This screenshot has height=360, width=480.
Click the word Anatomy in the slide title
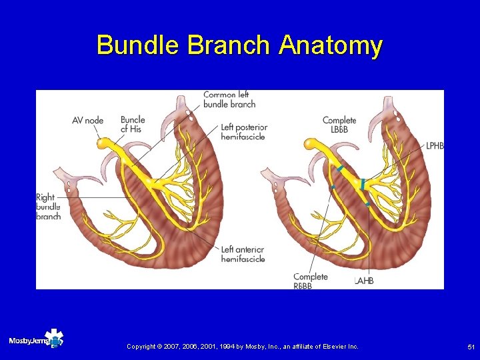(x=331, y=45)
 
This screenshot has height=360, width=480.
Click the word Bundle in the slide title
(x=139, y=45)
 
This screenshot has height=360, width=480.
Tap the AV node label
(x=87, y=121)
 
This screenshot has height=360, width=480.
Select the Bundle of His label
(x=133, y=124)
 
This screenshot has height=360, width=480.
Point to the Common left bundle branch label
(x=229, y=99)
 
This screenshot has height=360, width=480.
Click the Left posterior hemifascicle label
(x=243, y=132)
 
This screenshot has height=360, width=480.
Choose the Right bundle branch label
(x=48, y=207)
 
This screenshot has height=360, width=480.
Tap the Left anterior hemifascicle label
(x=243, y=254)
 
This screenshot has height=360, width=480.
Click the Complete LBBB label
(x=339, y=125)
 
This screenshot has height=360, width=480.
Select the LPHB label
(x=434, y=146)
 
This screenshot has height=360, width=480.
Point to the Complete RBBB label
(x=311, y=281)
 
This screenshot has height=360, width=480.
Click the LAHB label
(x=364, y=281)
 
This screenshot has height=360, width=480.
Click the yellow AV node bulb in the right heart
(x=310, y=143)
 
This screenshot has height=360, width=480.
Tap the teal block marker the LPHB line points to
(x=362, y=183)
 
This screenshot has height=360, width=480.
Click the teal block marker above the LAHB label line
(x=367, y=203)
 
